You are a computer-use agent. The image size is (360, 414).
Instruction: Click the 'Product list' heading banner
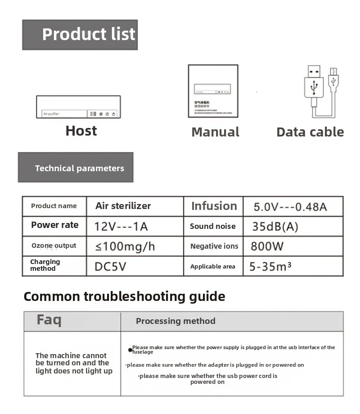(80, 35)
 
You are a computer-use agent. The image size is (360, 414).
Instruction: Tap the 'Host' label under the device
(81, 131)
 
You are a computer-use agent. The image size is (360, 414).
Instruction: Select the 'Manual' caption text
(215, 132)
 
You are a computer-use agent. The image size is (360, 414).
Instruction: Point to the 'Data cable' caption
(310, 132)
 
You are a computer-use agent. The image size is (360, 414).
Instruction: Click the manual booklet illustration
(213, 91)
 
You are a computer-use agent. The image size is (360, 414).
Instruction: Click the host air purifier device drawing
(78, 107)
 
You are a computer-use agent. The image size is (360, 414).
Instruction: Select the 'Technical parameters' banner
(76, 168)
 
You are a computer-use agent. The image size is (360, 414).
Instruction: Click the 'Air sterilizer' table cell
(123, 206)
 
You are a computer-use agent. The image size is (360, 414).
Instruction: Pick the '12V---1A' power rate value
(121, 226)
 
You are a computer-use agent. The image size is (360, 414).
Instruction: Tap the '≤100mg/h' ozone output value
(125, 246)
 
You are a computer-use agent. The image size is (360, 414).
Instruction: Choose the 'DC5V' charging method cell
(110, 266)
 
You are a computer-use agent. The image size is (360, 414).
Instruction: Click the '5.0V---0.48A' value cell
(290, 207)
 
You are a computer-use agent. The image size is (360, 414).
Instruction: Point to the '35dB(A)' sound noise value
(275, 227)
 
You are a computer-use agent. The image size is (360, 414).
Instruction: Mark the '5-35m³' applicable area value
(270, 266)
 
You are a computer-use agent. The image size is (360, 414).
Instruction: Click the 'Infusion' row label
(214, 206)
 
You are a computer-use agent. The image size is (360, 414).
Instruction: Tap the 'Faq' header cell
(49, 320)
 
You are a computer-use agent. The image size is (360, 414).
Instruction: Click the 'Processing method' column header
(175, 321)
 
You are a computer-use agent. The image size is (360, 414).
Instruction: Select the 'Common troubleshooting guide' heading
(124, 296)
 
